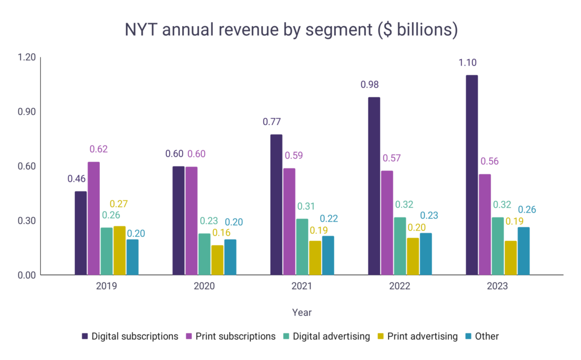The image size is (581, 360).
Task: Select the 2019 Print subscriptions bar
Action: click(94, 219)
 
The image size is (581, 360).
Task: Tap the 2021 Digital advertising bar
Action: click(302, 247)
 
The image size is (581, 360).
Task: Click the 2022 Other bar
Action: click(426, 254)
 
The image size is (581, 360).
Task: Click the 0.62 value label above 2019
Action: click(98, 149)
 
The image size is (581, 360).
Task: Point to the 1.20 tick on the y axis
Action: click(26, 57)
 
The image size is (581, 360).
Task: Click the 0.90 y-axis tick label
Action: click(26, 112)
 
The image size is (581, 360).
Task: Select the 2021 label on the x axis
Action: click(302, 287)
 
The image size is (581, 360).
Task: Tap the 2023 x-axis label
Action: click(497, 287)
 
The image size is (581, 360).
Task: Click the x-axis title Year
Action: click(302, 312)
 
